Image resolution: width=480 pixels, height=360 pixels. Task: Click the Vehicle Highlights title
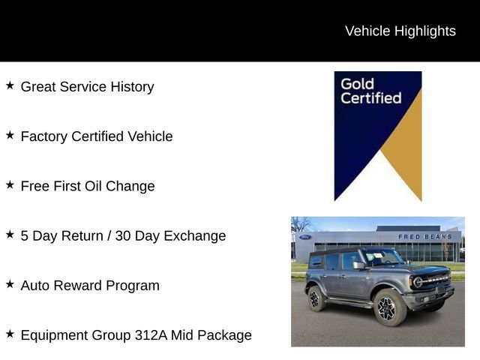pos(400,31)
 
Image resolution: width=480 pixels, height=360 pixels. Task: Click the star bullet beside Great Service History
pos(10,85)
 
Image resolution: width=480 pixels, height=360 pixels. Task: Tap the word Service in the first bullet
pos(83,86)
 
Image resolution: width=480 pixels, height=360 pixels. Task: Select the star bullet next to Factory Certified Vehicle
pos(10,135)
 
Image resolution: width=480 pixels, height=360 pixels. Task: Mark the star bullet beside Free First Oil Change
pos(10,184)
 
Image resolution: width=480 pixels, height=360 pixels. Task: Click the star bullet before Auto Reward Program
pos(10,284)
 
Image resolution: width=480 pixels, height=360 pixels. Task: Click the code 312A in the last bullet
pos(148,335)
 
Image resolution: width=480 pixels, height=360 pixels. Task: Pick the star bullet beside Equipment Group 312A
pos(10,334)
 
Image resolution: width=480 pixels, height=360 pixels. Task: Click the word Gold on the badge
pos(357,83)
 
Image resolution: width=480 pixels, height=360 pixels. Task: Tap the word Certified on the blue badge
pos(370,97)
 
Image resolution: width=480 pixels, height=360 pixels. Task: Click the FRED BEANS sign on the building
pos(424,237)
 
